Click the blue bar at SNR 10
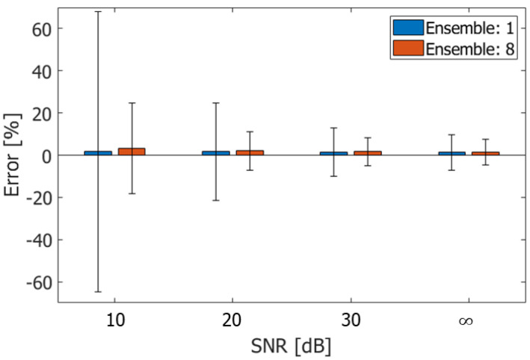tap(98, 153)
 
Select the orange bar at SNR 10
tap(132, 152)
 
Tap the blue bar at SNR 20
tap(216, 153)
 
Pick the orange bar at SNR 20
tap(250, 152)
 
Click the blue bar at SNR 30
tap(333, 153)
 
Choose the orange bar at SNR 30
tap(367, 153)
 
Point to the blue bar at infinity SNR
tap(452, 153)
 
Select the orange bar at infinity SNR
tap(485, 153)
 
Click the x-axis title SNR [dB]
tap(292, 347)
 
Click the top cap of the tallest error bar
tap(98, 12)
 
